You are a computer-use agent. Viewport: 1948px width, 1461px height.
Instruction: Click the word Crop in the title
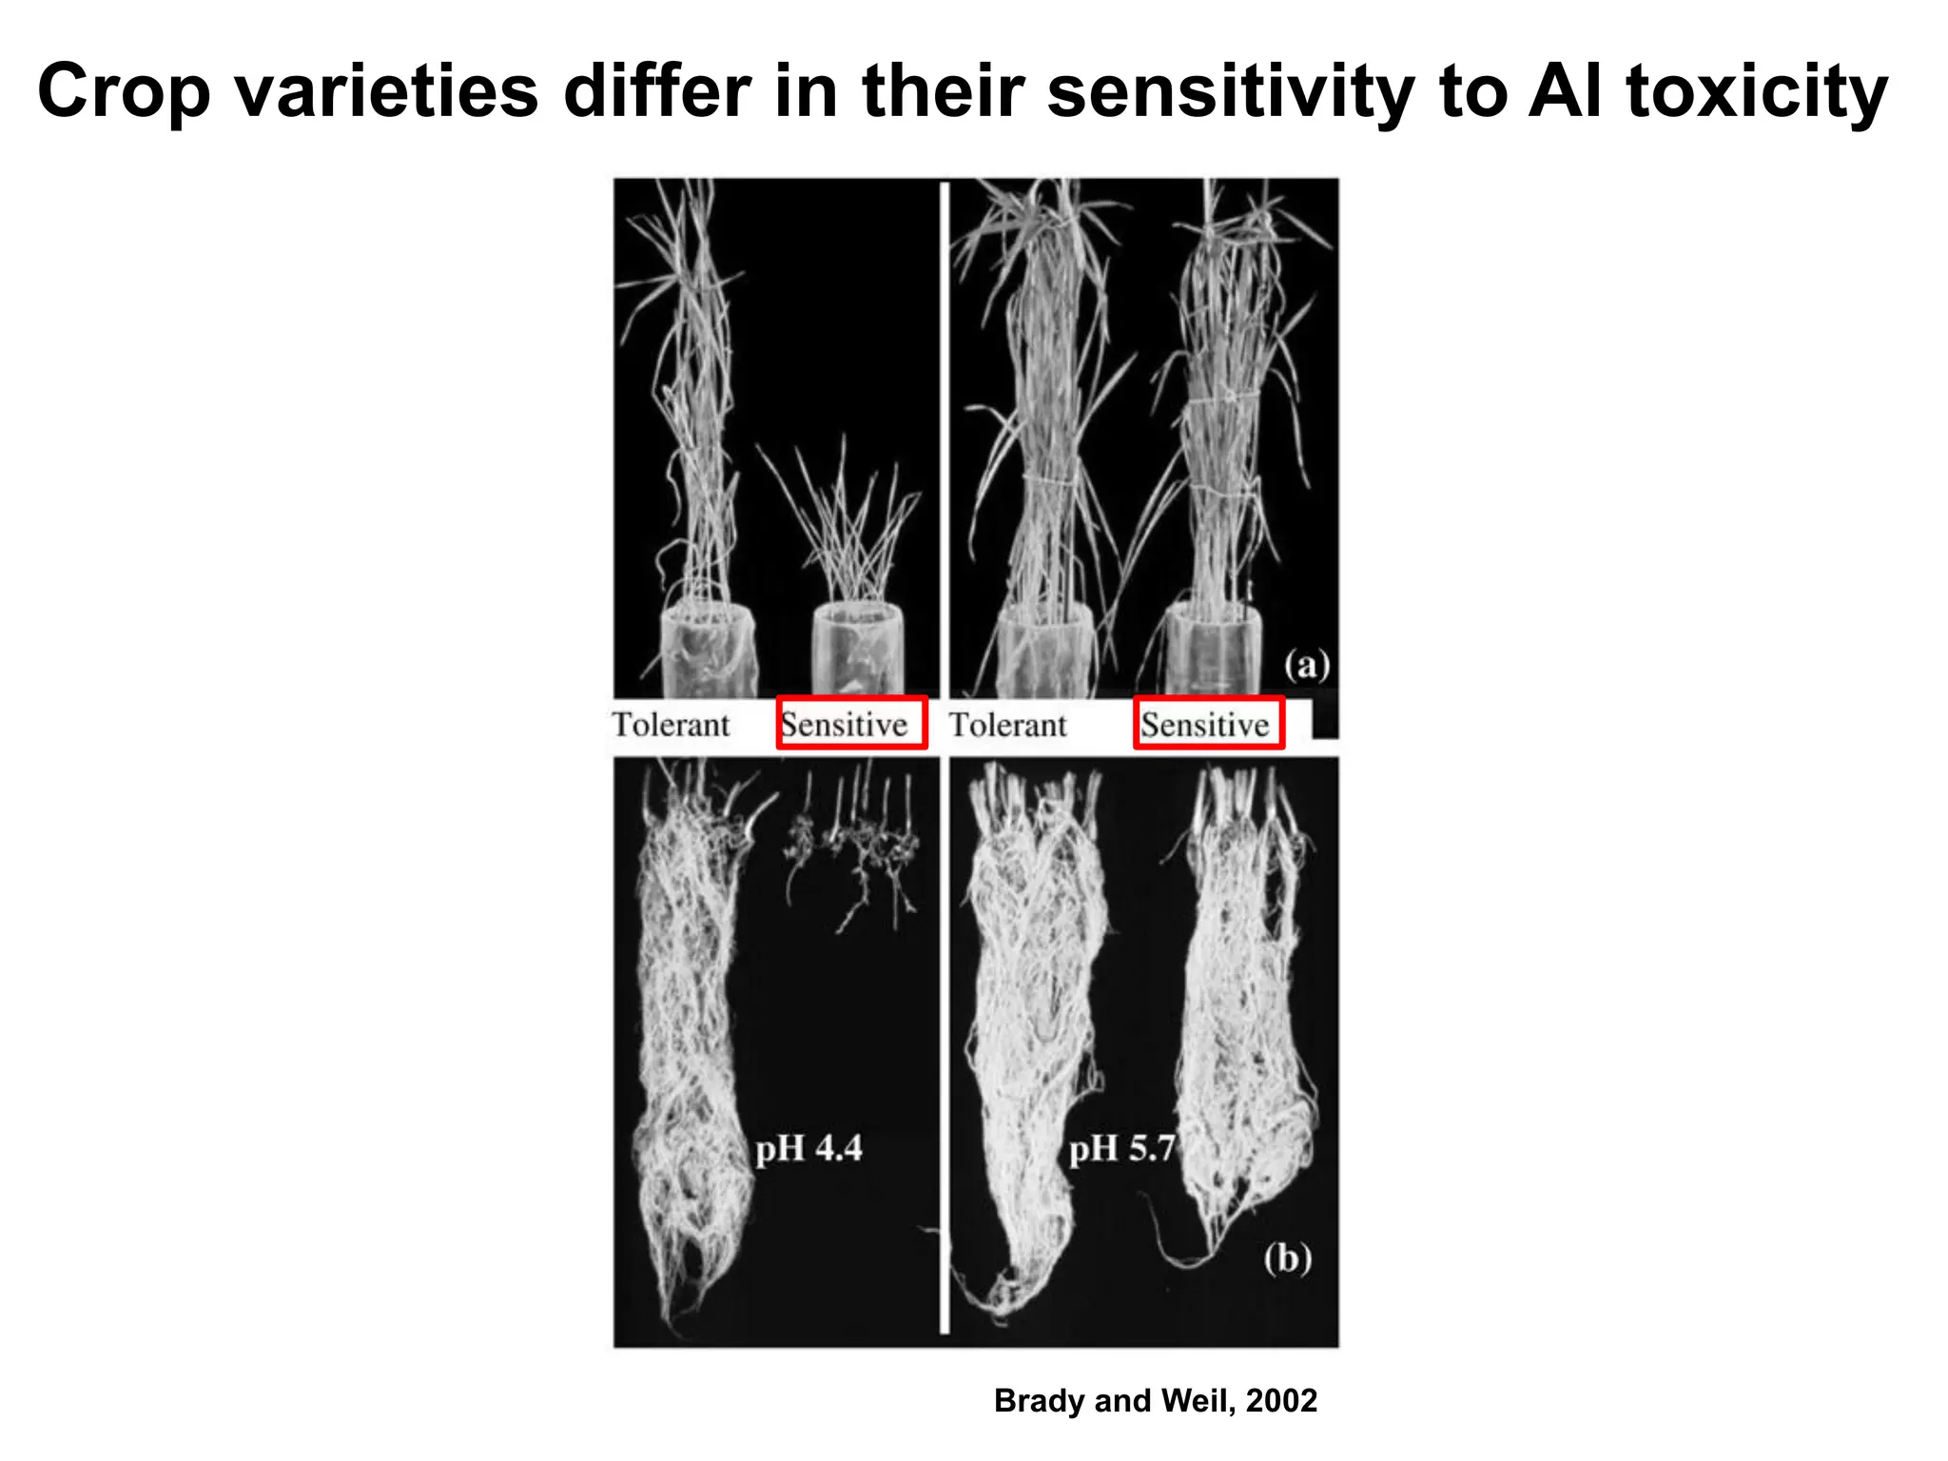[x=123, y=92]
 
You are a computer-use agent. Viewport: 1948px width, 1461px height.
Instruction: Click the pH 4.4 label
[x=808, y=1148]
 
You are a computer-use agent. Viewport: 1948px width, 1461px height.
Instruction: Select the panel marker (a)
[x=1306, y=664]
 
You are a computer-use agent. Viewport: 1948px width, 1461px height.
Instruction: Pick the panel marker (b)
[x=1287, y=1257]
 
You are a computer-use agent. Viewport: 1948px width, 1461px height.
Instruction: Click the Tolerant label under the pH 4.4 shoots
[x=671, y=725]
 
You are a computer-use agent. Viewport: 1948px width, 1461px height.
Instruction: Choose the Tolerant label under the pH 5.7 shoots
[x=1008, y=725]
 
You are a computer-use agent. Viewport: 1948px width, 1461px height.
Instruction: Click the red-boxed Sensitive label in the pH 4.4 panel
[x=851, y=724]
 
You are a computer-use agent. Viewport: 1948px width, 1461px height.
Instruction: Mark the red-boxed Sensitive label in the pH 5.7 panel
[x=1208, y=724]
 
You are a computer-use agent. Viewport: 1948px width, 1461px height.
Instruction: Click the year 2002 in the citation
[x=1281, y=1400]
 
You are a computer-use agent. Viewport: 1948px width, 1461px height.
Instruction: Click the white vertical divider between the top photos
[x=945, y=438]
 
